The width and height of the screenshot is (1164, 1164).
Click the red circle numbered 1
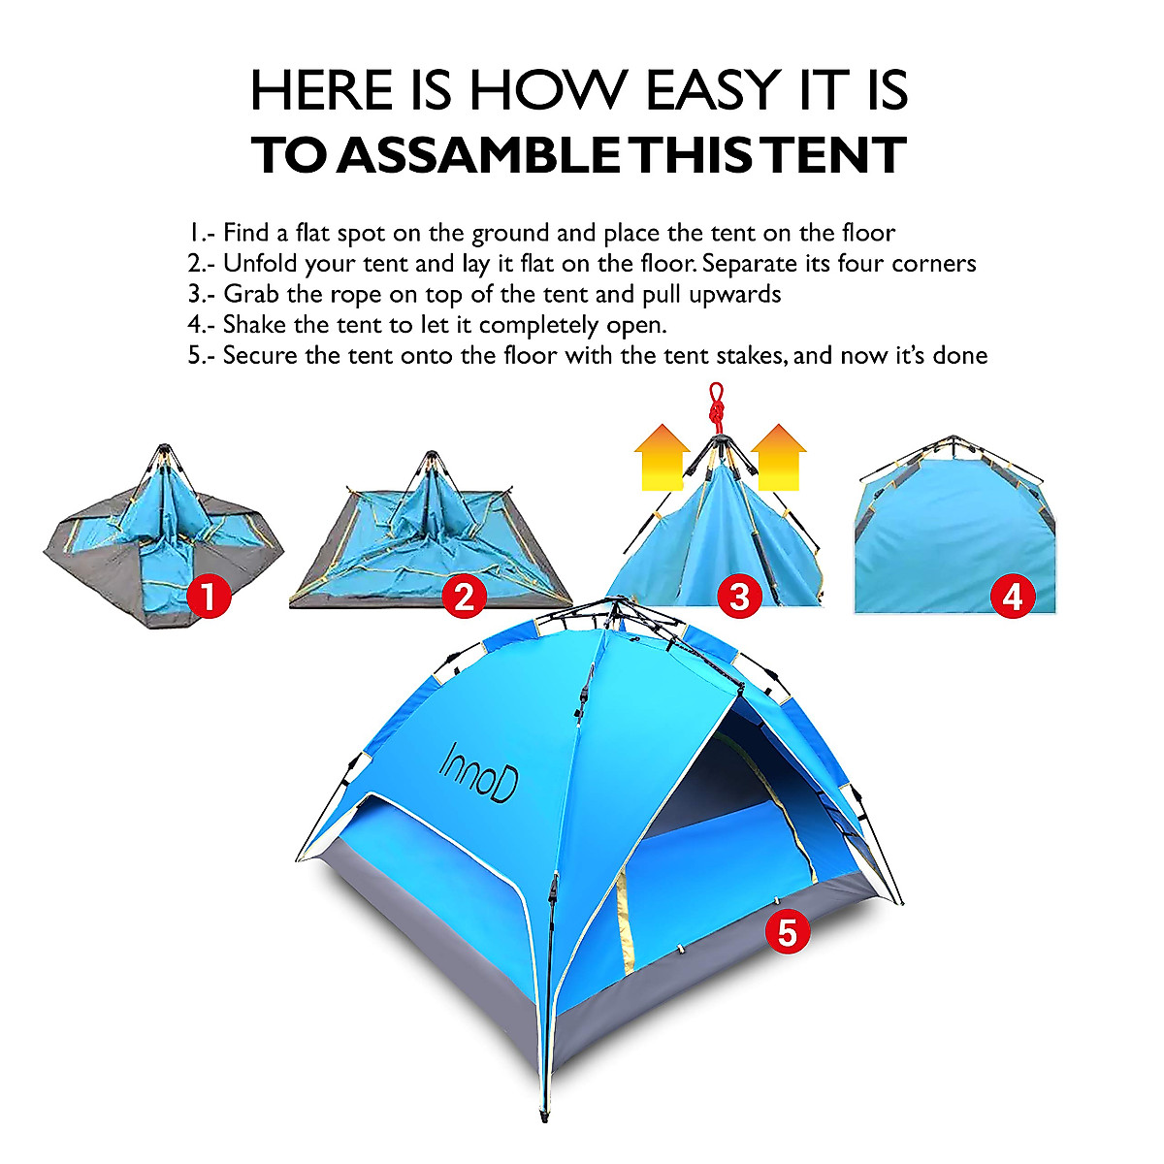[x=207, y=596]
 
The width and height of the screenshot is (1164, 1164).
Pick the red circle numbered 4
[x=1012, y=596]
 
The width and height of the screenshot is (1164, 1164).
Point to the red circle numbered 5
[x=787, y=931]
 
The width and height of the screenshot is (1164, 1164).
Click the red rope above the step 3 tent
[x=717, y=405]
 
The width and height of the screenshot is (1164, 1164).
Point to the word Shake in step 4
[x=254, y=324]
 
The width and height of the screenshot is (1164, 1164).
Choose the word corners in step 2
[x=933, y=263]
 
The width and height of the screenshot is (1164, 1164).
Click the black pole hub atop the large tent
[x=612, y=610]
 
